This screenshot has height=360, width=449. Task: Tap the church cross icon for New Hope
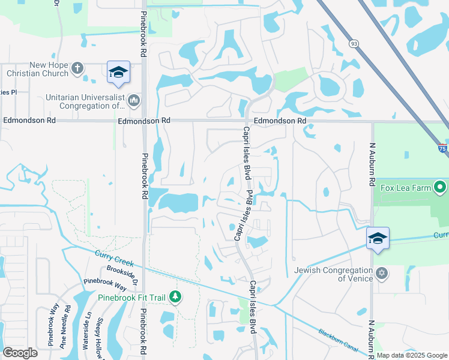[77, 68]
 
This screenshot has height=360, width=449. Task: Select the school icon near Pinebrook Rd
[119, 72]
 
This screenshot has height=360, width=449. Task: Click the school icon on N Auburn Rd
[378, 239]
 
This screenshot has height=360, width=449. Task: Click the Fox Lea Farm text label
[407, 188]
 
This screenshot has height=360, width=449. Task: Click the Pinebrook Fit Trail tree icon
[175, 297]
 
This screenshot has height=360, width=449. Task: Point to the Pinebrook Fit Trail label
[133, 297]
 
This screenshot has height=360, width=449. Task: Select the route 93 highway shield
[354, 43]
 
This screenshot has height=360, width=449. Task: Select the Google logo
[20, 352]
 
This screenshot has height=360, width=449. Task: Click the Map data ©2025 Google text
[412, 355]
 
